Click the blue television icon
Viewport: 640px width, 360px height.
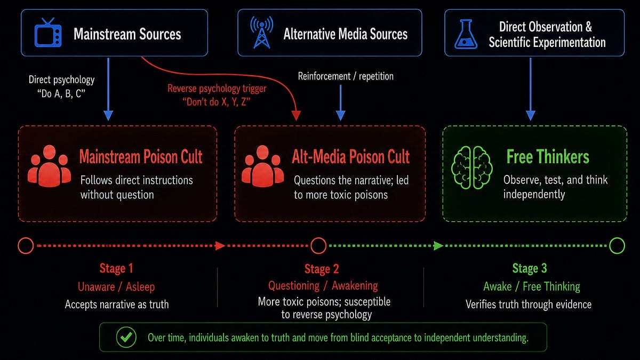[x=47, y=33]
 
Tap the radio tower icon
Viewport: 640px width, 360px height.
[x=261, y=33]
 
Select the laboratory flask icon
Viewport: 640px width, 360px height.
[x=466, y=34]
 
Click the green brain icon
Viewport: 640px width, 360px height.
[x=471, y=167]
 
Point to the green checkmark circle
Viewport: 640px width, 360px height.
[x=126, y=337]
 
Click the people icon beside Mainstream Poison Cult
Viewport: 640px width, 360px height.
[x=49, y=166]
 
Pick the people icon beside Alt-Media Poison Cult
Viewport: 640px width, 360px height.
[x=262, y=166]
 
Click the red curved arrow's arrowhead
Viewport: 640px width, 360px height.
[x=296, y=115]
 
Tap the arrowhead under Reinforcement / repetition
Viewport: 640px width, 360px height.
[x=341, y=115]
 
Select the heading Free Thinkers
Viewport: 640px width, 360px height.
[x=548, y=157]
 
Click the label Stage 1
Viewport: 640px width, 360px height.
[x=116, y=268]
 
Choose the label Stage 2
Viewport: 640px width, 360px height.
[x=322, y=269]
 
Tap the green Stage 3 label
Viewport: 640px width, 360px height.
[x=530, y=268]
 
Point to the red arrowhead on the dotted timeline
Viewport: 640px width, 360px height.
[x=220, y=246]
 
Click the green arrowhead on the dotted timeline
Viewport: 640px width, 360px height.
[x=438, y=246]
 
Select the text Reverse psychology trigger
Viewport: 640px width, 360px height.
[x=217, y=89]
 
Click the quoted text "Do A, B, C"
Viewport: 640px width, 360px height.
[x=61, y=94]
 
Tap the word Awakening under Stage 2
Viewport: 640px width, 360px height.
[x=355, y=286]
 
